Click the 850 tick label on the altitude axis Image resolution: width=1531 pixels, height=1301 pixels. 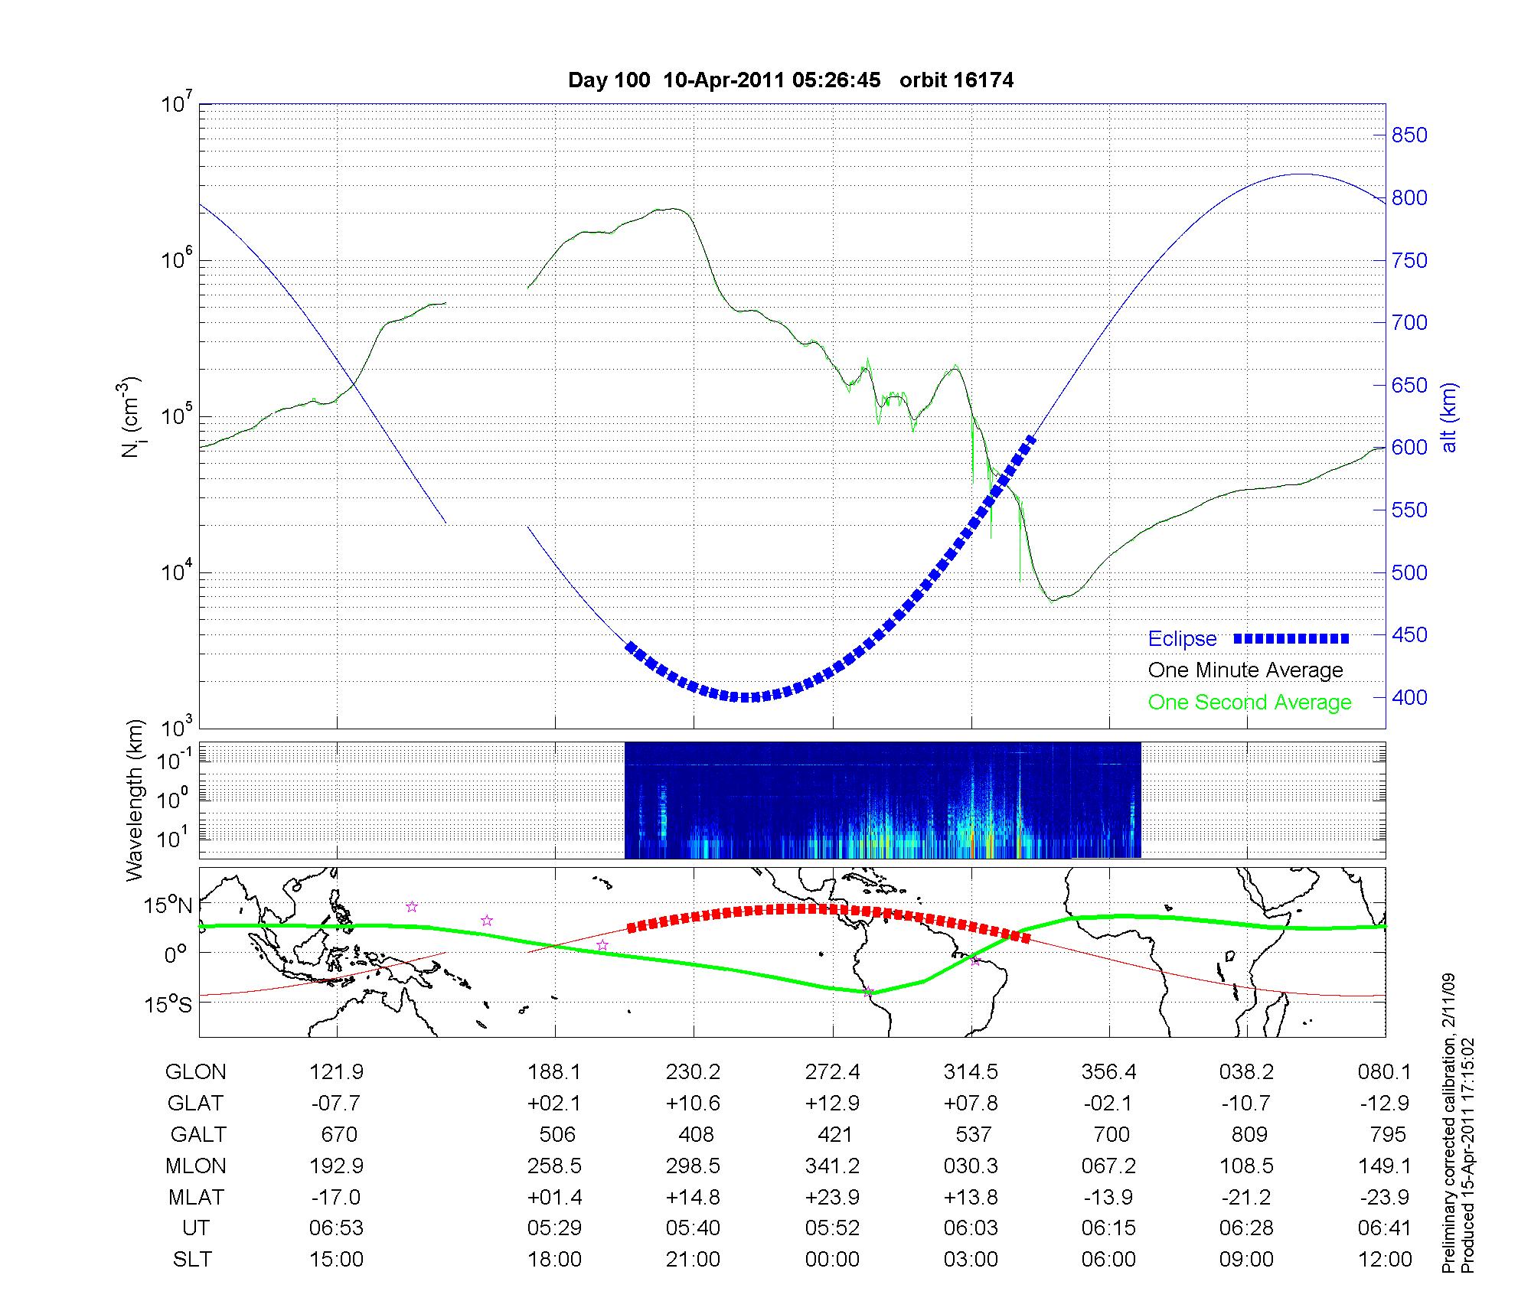point(1409,135)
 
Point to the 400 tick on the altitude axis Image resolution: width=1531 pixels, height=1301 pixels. point(1409,697)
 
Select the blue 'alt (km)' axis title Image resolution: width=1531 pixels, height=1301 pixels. point(1449,417)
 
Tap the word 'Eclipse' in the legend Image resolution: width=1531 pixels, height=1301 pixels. point(1182,639)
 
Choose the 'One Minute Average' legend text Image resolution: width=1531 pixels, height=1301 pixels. point(1245,670)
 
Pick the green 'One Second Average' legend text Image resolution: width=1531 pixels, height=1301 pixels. point(1249,703)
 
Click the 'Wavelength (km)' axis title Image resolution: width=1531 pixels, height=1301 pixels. point(135,800)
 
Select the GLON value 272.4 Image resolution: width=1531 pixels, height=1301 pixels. point(832,1072)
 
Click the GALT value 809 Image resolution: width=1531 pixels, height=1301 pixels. point(1249,1134)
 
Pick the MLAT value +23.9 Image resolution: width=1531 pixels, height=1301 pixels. point(832,1197)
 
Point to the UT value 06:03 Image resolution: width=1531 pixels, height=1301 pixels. point(971,1228)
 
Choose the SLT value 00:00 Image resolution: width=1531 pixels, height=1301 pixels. point(832,1259)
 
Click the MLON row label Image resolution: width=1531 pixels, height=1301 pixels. point(196,1166)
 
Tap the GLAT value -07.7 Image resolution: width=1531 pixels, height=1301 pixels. point(336,1104)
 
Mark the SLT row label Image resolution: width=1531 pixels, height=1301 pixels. point(192,1259)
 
